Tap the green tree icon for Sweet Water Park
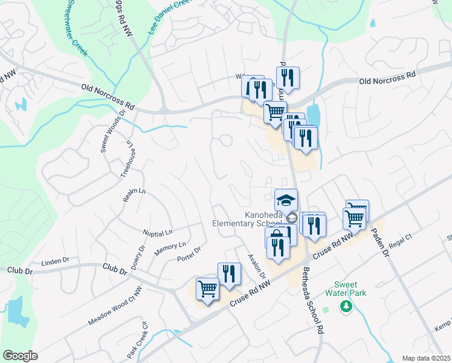[x=346, y=307]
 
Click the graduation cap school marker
[x=286, y=200]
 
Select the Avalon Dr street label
[x=257, y=266]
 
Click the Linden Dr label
[x=56, y=261]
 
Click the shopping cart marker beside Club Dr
[x=207, y=289]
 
